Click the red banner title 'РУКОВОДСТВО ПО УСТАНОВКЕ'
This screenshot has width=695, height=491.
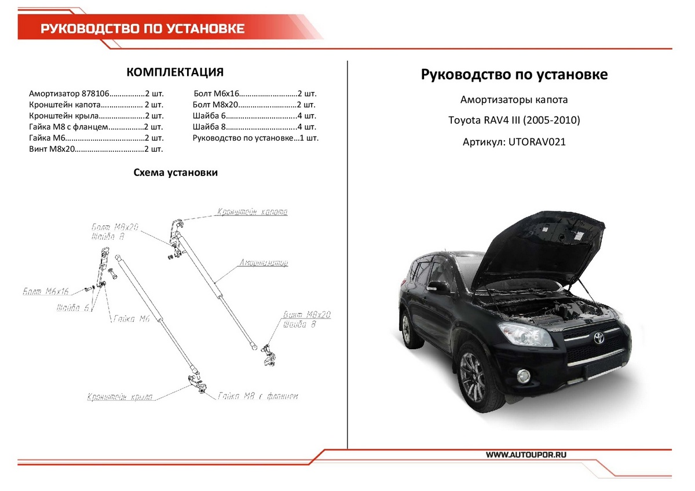click(142, 29)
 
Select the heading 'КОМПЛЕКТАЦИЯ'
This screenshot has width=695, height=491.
click(175, 72)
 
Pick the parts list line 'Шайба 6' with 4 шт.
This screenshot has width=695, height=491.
click(254, 116)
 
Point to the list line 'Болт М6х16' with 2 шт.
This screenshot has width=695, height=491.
click(254, 93)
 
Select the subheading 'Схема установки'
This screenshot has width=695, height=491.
click(175, 173)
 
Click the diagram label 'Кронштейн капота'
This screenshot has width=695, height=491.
click(252, 212)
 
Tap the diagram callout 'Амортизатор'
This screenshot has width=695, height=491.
click(264, 263)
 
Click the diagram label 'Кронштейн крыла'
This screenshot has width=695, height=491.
click(120, 397)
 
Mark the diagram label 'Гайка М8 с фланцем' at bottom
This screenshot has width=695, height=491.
click(258, 397)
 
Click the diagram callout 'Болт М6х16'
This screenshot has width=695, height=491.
click(46, 291)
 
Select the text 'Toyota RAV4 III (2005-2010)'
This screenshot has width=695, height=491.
click(514, 120)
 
